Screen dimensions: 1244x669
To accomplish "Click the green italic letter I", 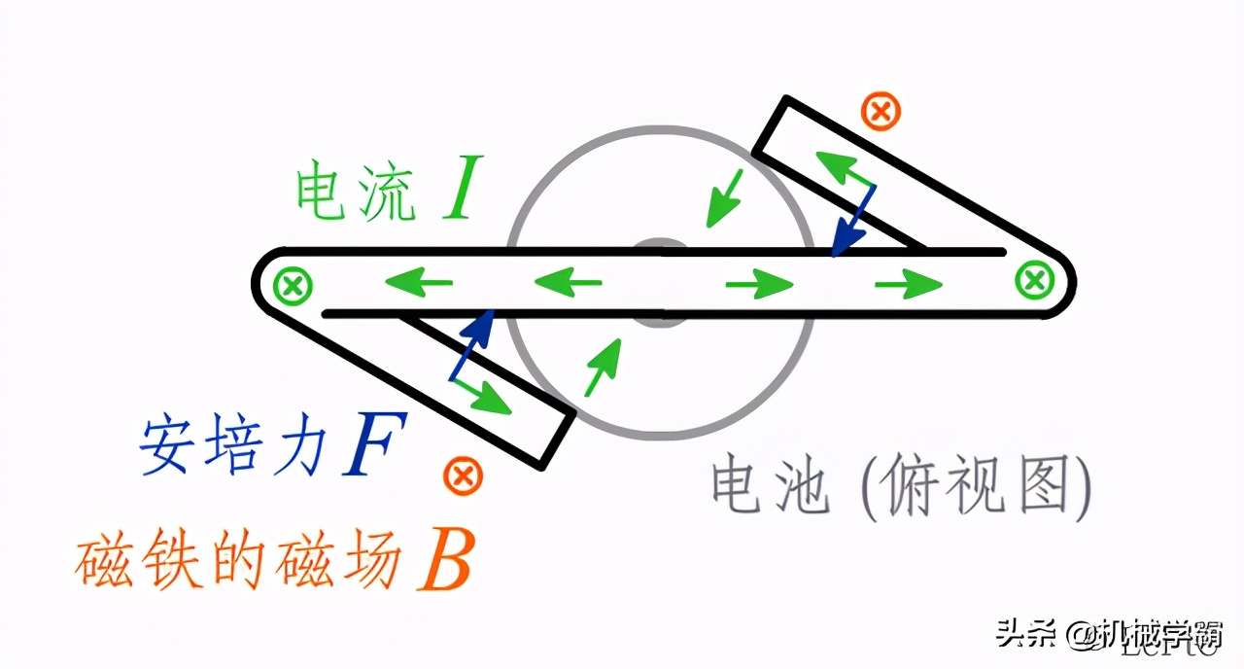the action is click(459, 192).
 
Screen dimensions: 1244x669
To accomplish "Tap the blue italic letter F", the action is click(372, 446).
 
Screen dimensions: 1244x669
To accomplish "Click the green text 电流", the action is click(356, 193).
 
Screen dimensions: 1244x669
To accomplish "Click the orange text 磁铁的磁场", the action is click(239, 561).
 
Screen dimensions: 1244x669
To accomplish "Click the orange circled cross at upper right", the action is click(881, 112).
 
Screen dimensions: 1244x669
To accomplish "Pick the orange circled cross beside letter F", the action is click(463, 476).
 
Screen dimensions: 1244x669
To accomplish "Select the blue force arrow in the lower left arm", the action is click(472, 345).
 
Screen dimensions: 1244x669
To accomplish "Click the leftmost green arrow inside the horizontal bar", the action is click(419, 284).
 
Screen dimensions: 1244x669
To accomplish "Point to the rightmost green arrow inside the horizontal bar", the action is click(909, 284).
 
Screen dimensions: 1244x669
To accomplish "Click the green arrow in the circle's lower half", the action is click(602, 368).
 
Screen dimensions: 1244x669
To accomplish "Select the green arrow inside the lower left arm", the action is click(482, 395).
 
